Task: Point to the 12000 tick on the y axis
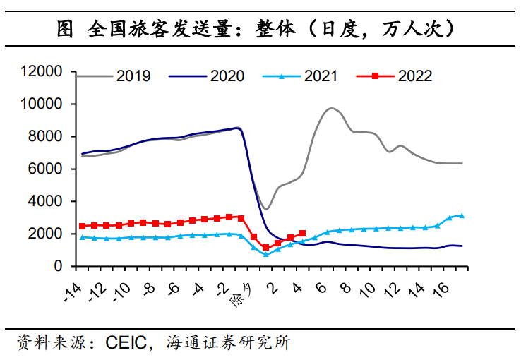[x=44, y=71]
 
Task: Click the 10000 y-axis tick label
[x=44, y=104]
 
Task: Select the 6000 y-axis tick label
[x=48, y=169]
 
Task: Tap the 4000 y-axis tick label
[x=48, y=201]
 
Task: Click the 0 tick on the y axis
[x=60, y=266]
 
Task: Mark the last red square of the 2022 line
[x=302, y=233]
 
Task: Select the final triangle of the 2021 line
[x=462, y=215]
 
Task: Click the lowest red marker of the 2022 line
[x=265, y=248]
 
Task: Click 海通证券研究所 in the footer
[x=227, y=344]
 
